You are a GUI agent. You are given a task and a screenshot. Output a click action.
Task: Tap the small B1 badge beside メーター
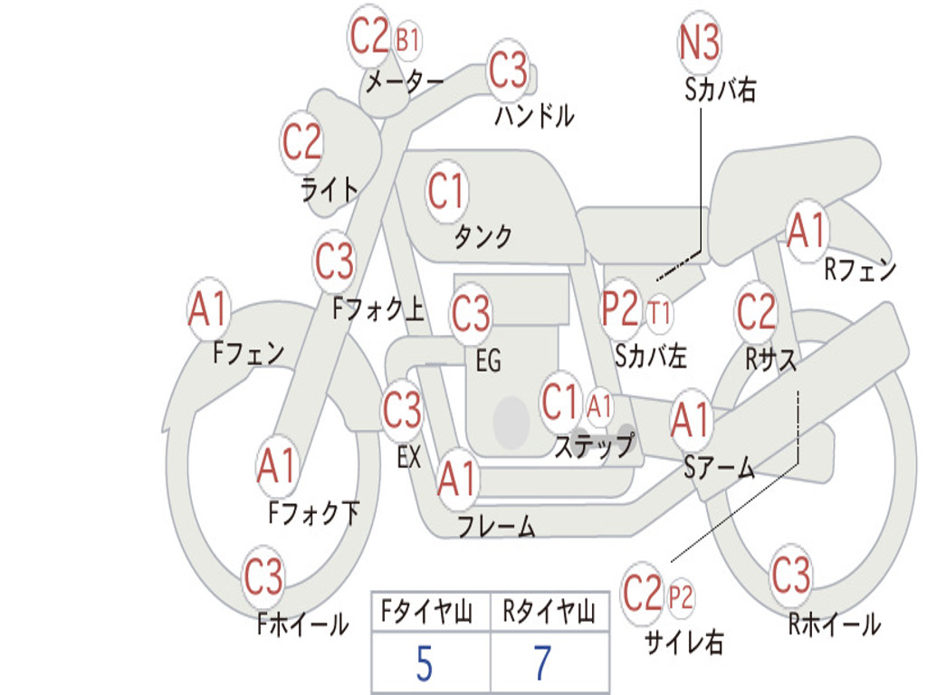(x=407, y=41)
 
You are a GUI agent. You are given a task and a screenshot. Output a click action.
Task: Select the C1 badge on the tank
(x=446, y=191)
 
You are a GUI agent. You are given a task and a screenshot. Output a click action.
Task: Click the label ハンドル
(x=534, y=115)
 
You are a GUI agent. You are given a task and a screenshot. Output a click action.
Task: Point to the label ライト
(x=330, y=190)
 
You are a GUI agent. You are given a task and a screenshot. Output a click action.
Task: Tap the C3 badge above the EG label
(x=471, y=313)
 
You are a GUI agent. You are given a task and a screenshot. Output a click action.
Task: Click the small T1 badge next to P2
(x=659, y=312)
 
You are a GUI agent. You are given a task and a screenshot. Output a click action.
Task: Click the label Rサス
(x=770, y=358)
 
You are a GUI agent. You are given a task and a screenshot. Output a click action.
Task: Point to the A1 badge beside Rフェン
(x=807, y=231)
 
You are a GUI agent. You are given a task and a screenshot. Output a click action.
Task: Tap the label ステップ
(x=594, y=445)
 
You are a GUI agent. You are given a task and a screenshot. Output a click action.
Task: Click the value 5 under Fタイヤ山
(x=425, y=663)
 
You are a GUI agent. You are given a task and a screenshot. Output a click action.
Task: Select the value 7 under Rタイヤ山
(x=543, y=663)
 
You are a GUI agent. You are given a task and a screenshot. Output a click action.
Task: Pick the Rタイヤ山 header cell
(x=550, y=612)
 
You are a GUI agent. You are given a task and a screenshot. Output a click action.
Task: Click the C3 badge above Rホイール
(x=790, y=575)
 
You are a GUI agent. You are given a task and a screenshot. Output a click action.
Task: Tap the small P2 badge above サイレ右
(x=680, y=597)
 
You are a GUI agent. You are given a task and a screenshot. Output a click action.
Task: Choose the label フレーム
(x=496, y=526)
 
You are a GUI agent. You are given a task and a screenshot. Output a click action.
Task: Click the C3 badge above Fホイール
(x=263, y=576)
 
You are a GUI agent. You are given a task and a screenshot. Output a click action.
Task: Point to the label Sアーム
(x=719, y=468)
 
